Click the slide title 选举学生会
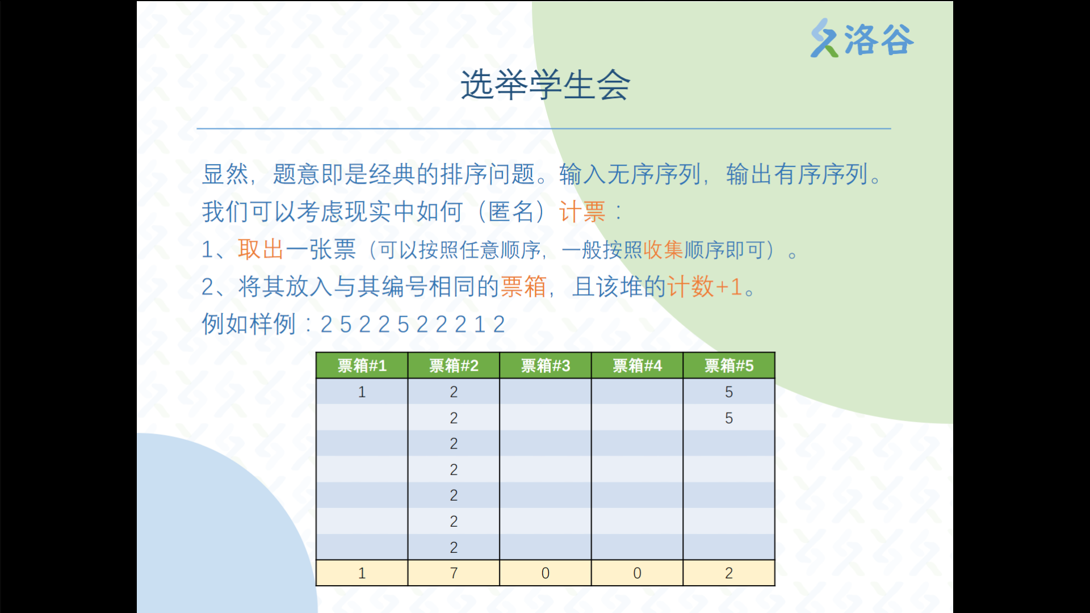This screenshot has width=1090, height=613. point(545,85)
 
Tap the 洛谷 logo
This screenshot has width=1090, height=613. point(862,39)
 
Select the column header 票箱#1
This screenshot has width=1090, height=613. point(362,366)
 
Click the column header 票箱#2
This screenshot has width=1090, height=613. point(454,366)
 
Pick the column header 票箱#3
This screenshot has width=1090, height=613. point(546,366)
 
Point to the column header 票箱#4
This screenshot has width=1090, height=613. point(637,366)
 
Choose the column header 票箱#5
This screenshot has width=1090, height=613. point(729,366)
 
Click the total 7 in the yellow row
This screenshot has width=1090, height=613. point(454,573)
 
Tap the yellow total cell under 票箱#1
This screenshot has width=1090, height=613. point(362,573)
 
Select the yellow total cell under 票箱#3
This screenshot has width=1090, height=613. point(546,573)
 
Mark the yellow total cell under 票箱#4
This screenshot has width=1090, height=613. point(637,573)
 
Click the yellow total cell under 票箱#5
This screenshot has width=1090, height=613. point(729,573)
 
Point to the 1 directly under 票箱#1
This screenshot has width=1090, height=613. point(362,392)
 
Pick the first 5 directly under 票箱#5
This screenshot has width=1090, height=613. point(729,392)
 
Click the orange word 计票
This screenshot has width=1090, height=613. point(582,212)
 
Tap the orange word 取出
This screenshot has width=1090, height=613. point(261,249)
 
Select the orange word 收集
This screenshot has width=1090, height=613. point(663,250)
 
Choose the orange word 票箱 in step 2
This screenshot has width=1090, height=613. point(523,287)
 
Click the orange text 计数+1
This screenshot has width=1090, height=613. point(705,287)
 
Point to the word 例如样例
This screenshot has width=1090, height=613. point(249,324)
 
